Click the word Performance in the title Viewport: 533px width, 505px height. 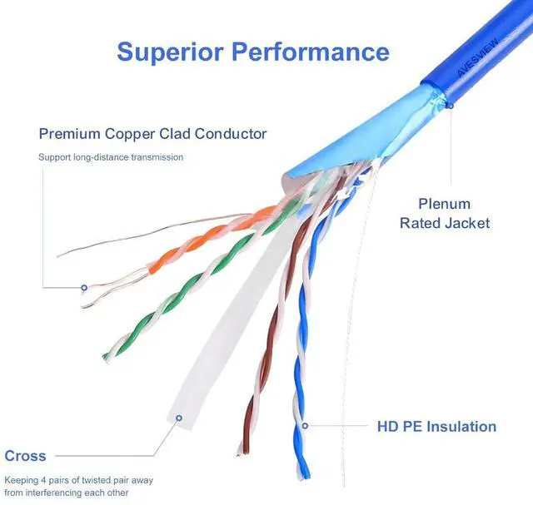pos(310,52)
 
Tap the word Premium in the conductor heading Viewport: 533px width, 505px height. pos(71,133)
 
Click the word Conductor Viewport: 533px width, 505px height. pos(231,133)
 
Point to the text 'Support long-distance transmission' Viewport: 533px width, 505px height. pos(111,156)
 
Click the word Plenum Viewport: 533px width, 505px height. pos(444,204)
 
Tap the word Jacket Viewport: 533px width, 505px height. pos(468,223)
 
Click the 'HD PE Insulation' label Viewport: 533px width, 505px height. pos(436,427)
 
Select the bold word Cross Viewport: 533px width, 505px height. pos(26,455)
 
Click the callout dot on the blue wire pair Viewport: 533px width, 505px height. pos(306,426)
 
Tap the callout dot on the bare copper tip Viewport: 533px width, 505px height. pos(84,288)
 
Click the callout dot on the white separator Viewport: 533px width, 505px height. pos(177,418)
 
